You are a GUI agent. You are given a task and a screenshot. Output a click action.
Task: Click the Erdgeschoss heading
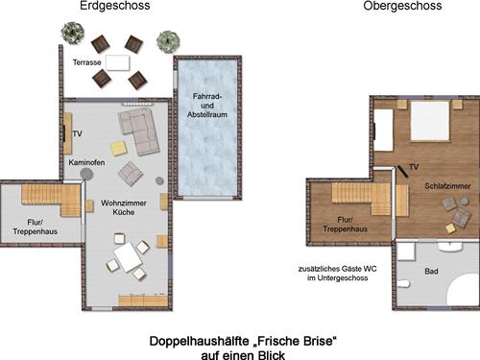coord(115,6)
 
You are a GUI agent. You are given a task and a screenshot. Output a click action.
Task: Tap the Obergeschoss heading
coord(402,6)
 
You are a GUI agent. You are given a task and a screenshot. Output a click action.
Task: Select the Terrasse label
coord(86,62)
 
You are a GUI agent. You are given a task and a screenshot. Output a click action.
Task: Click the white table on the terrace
coord(118,62)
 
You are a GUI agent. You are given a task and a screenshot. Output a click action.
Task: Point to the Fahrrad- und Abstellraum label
coord(207,106)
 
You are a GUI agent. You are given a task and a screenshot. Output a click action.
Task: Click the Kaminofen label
coord(86,162)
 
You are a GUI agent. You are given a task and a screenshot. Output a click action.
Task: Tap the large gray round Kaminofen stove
coord(86,174)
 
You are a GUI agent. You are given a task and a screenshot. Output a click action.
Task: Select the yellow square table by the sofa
coord(118,148)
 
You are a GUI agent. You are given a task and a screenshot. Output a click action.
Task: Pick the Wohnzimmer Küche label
coord(124,207)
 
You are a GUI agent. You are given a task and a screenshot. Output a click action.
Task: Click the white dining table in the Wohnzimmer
coord(128,257)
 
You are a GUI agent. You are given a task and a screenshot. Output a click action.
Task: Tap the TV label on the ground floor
coord(77,133)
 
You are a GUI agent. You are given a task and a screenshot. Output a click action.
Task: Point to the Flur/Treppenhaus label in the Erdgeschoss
coord(35,227)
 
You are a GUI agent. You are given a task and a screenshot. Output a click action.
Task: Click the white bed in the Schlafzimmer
coord(430,121)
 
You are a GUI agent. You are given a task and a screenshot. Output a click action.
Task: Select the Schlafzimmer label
coord(447,186)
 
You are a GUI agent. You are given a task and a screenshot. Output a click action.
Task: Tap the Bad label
coord(431,272)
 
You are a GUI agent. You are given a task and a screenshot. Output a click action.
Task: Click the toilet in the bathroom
coord(404,284)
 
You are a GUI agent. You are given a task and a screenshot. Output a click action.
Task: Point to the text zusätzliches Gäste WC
coord(338,269)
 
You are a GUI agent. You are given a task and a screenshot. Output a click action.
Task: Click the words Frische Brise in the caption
coord(295,341)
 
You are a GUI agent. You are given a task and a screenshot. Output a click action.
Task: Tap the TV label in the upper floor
coord(414,167)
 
